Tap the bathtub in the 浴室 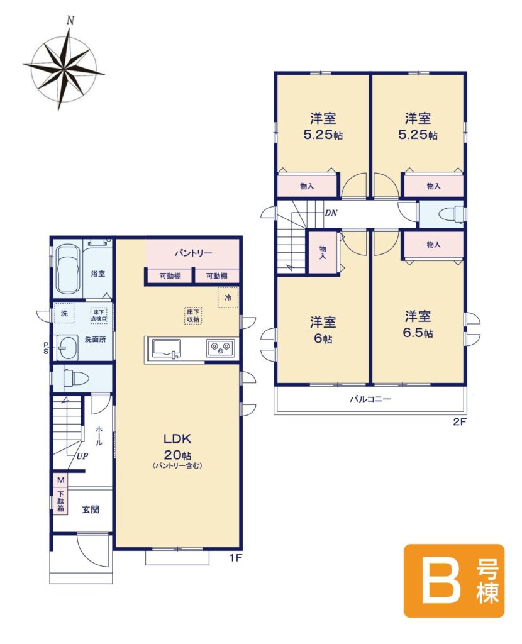pyautogui.click(x=68, y=269)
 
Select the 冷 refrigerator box pyautogui.click(x=228, y=297)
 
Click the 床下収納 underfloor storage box pyautogui.click(x=192, y=316)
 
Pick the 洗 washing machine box pyautogui.click(x=64, y=313)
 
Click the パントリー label pyautogui.click(x=194, y=253)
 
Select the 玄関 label pyautogui.click(x=91, y=509)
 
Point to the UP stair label pyautogui.click(x=82, y=456)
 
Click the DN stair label pyautogui.click(x=331, y=213)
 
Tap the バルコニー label pyautogui.click(x=370, y=399)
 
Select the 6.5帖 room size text pyautogui.click(x=418, y=333)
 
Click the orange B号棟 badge pyautogui.click(x=454, y=580)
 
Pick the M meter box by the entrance pyautogui.click(x=61, y=480)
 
